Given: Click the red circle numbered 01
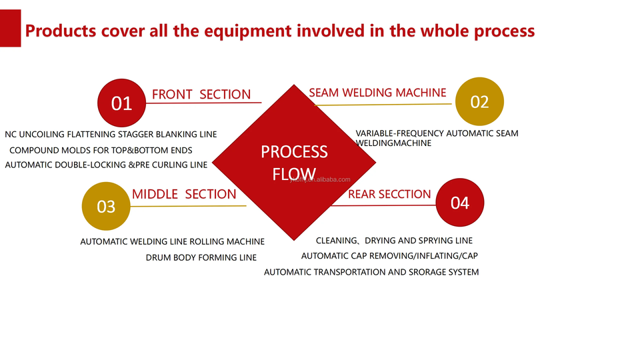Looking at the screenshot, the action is pyautogui.click(x=121, y=103).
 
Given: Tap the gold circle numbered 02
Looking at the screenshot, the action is pyautogui.click(x=479, y=101).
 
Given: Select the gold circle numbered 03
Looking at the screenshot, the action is pyautogui.click(x=106, y=206).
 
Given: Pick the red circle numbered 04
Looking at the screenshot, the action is pyautogui.click(x=460, y=203).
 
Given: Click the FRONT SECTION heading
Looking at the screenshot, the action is pyautogui.click(x=201, y=94).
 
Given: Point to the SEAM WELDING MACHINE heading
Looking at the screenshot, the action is pyautogui.click(x=377, y=93).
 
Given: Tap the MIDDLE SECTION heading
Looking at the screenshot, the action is pyautogui.click(x=184, y=194).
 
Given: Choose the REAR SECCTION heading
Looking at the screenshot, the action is pyautogui.click(x=389, y=194).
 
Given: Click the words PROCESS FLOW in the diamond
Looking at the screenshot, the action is pyautogui.click(x=294, y=163).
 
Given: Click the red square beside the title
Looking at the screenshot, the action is pyautogui.click(x=10, y=28).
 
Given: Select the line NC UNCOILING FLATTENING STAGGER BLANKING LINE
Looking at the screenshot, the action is pyautogui.click(x=111, y=134).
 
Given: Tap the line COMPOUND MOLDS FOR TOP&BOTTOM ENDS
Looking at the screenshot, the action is pyautogui.click(x=101, y=150).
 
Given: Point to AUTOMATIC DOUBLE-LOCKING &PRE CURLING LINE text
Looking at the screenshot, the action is pyautogui.click(x=106, y=165).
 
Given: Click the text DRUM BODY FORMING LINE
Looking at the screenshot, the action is pyautogui.click(x=201, y=257).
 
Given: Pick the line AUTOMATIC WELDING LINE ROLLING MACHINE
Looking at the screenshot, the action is pyautogui.click(x=172, y=241).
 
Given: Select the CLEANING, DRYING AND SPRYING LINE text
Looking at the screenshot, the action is pyautogui.click(x=394, y=241).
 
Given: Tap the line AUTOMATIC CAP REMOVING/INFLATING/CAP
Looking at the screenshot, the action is pyautogui.click(x=389, y=256).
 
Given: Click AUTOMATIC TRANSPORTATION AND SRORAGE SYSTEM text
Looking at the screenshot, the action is pyautogui.click(x=371, y=272).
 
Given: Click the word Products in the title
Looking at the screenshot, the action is pyautogui.click(x=61, y=31).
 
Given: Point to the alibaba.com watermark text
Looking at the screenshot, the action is pyautogui.click(x=321, y=179).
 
